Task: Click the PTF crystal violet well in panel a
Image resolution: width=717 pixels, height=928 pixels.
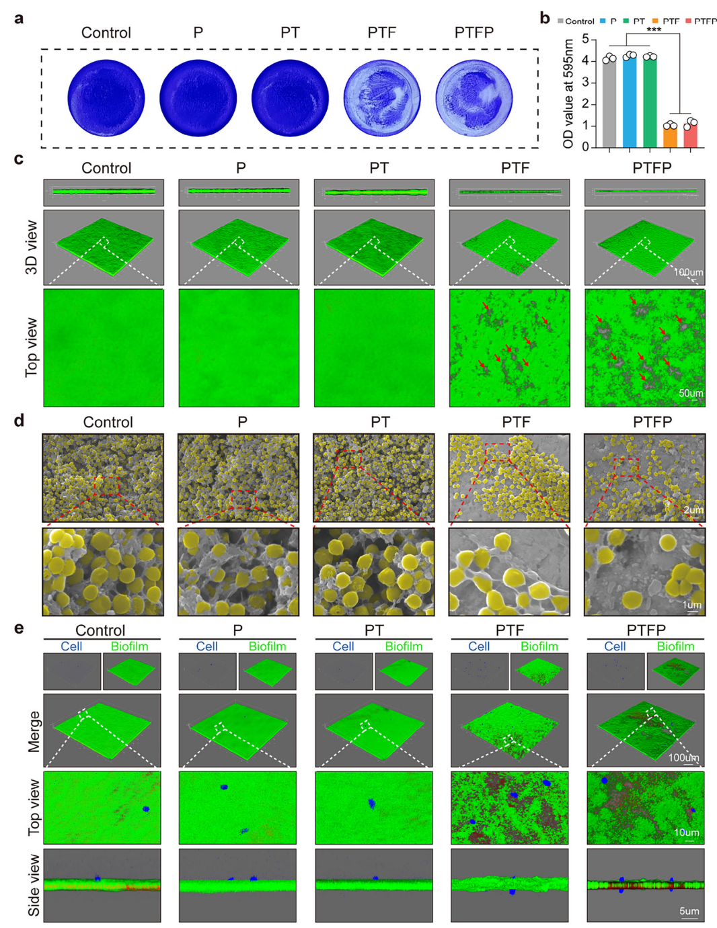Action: tap(382, 98)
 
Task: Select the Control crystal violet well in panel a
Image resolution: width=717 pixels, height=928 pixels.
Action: tap(106, 98)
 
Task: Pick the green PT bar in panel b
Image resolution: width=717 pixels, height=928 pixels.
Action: tap(650, 101)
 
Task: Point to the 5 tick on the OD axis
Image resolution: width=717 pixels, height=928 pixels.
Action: tap(585, 39)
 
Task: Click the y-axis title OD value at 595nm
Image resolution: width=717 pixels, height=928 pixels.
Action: tap(568, 93)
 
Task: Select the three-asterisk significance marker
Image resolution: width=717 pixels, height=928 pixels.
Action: tap(654, 30)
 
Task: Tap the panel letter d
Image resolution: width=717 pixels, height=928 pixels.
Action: tap(19, 421)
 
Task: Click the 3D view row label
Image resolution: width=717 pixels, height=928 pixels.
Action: tap(31, 247)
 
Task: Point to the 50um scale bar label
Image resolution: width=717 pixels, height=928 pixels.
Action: tap(691, 393)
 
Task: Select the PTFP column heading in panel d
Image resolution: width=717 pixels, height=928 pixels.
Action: tap(652, 422)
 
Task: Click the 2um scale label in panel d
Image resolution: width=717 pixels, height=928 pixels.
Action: tap(693, 510)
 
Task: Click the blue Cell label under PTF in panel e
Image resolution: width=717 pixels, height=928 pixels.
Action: tap(479, 646)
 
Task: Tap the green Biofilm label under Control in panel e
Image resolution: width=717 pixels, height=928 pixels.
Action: tap(129, 646)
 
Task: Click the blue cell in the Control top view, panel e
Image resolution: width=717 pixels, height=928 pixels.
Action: tap(145, 809)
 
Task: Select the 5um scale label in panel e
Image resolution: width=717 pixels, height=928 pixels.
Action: tap(689, 911)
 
